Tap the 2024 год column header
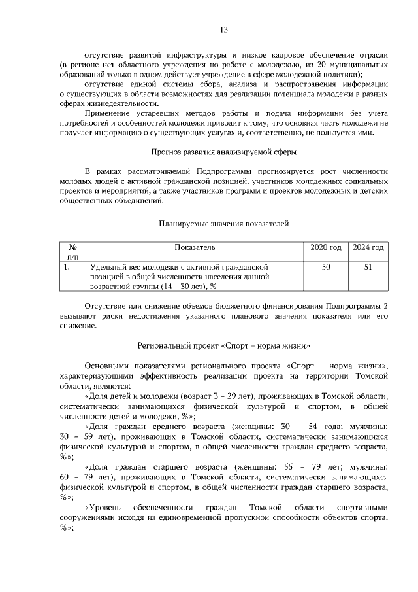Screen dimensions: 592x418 point(368,248)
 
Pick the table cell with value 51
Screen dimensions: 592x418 point(368,267)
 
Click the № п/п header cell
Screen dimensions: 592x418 point(72,252)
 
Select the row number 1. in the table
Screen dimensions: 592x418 point(67,267)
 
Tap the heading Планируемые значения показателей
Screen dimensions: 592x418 point(224,224)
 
